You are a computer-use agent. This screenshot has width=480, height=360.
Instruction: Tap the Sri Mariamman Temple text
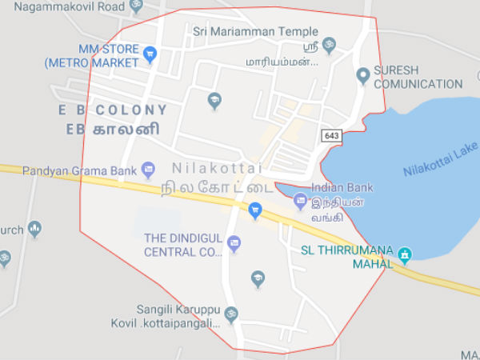point(255,31)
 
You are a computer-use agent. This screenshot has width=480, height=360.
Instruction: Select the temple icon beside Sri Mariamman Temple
point(330,45)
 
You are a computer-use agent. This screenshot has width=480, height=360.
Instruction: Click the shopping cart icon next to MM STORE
point(150,54)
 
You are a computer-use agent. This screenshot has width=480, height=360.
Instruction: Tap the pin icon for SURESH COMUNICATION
point(363,76)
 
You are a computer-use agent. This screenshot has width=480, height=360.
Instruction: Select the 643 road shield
point(332,135)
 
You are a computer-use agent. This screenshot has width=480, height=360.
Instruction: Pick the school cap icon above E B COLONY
point(214,101)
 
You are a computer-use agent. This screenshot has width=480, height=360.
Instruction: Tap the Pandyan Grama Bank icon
point(148,169)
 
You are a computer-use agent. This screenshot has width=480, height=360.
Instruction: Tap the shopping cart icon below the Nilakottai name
point(255,211)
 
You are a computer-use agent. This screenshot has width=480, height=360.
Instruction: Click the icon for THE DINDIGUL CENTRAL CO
point(234,242)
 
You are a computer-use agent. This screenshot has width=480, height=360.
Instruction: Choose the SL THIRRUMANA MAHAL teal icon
point(406,255)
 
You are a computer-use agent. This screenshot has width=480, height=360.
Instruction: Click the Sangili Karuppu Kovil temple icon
point(231,313)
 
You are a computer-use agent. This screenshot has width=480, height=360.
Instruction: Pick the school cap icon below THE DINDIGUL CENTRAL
point(258,278)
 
